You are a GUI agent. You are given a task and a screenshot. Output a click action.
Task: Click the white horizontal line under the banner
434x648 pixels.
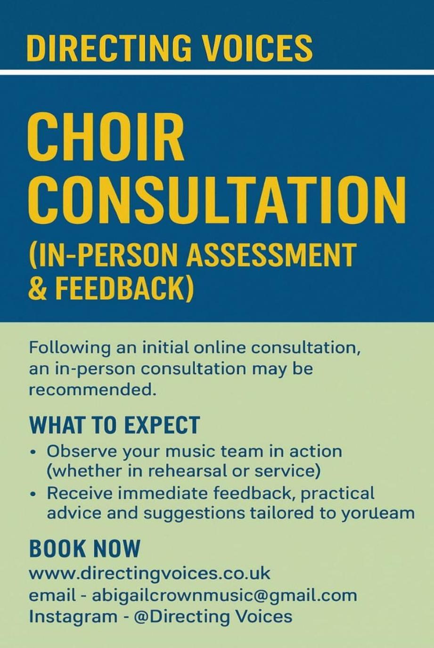click(x=217, y=72)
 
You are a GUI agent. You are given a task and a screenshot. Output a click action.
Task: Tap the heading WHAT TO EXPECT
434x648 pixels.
click(x=115, y=425)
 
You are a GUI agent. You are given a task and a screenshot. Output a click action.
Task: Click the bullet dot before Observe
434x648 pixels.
click(x=34, y=452)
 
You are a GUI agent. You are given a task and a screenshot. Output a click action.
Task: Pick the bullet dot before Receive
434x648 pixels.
click(x=34, y=495)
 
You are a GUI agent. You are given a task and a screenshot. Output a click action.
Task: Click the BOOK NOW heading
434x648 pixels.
click(x=85, y=549)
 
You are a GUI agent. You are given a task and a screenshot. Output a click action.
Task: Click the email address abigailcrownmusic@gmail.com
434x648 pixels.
click(x=224, y=596)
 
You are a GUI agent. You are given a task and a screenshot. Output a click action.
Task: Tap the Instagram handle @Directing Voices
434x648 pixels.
click(x=213, y=616)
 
